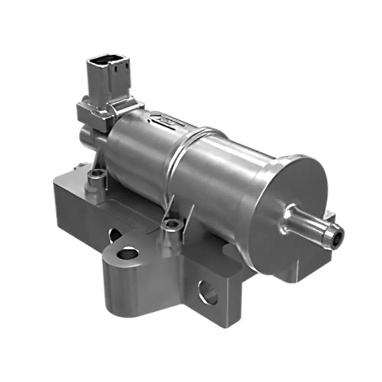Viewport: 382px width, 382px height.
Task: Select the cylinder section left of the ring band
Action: pos(141,153)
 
